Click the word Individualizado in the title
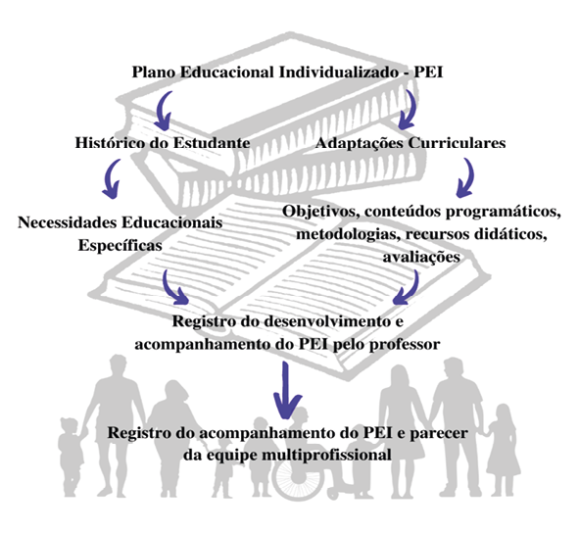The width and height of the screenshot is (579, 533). click(338, 73)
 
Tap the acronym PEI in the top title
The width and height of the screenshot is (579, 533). click(427, 73)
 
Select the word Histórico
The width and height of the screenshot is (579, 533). click(110, 143)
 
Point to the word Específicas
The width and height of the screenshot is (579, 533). click(120, 246)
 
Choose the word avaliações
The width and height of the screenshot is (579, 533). click(421, 257)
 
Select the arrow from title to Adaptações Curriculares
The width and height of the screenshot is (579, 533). click(409, 111)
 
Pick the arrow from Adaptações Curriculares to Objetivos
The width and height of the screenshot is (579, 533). click(467, 179)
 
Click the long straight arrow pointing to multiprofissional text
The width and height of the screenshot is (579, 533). click(286, 390)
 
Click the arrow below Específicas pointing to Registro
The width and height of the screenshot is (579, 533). click(172, 289)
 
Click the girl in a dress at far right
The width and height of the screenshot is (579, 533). click(503, 451)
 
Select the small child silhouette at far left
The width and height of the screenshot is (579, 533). click(71, 457)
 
